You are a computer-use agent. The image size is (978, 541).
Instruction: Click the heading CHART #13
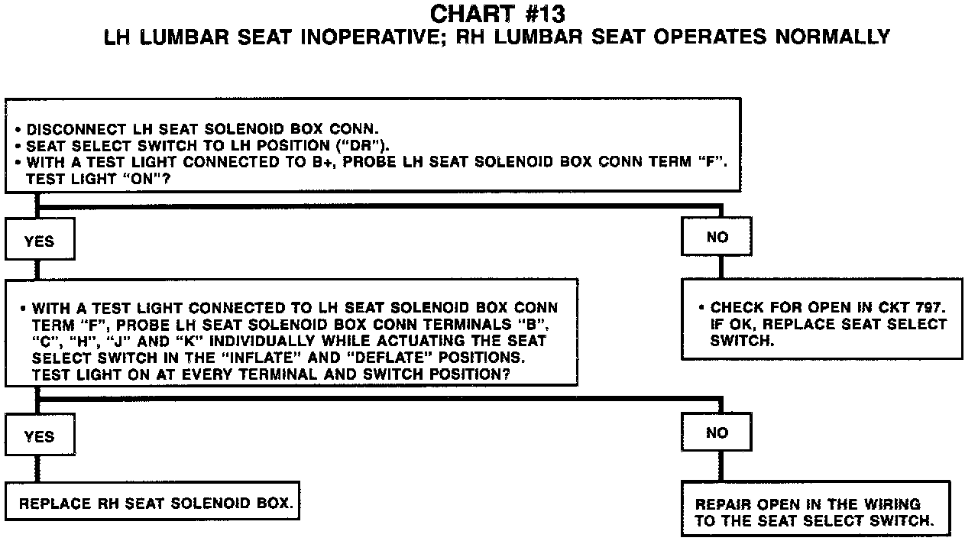[497, 14]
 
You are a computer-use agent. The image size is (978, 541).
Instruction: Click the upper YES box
[39, 241]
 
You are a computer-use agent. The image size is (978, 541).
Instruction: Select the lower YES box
[39, 436]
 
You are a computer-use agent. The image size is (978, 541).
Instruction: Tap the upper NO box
[717, 237]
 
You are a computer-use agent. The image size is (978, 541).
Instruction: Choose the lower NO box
[717, 432]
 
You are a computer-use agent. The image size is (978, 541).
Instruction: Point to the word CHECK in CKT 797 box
[734, 307]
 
